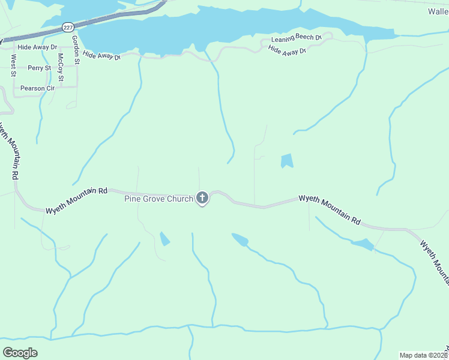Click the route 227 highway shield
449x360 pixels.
click(x=68, y=27)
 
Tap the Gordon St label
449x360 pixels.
click(x=76, y=50)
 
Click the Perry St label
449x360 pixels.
click(x=39, y=68)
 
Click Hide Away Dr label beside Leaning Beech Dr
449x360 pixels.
click(x=287, y=50)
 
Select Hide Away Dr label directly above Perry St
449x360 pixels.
click(x=37, y=46)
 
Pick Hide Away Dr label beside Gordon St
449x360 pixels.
click(x=102, y=55)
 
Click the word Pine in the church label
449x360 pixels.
click(x=133, y=199)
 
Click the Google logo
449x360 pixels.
click(x=20, y=353)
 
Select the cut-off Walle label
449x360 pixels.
click(x=438, y=11)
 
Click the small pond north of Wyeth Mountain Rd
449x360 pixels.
click(x=287, y=160)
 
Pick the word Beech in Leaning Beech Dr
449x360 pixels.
click(x=303, y=38)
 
